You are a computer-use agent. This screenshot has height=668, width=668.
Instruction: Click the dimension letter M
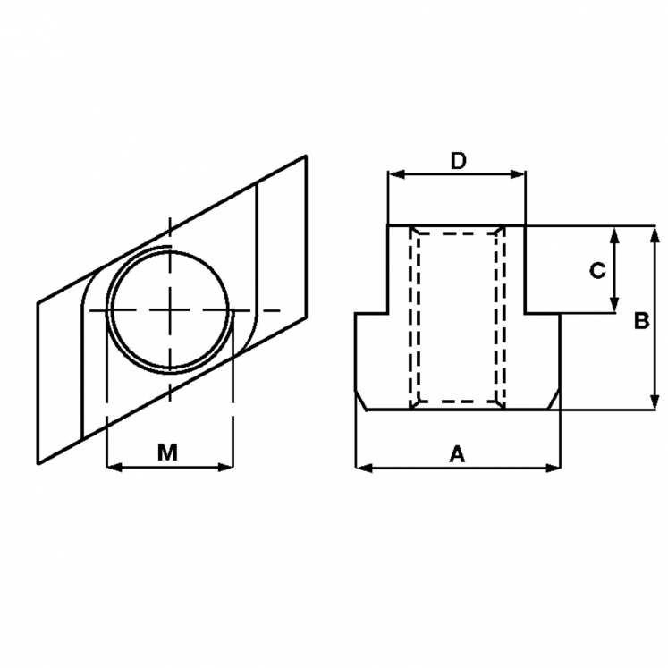click(x=167, y=452)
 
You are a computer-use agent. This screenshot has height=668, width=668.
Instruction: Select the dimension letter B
click(x=640, y=321)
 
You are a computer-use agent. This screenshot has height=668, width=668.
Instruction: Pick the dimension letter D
click(x=458, y=161)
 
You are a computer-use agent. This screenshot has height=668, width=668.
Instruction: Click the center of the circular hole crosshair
click(x=169, y=309)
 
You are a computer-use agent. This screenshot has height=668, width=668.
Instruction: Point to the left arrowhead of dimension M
click(x=111, y=466)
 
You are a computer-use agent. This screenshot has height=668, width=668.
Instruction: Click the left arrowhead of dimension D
click(x=393, y=174)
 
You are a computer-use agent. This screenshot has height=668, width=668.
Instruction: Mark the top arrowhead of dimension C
click(x=614, y=232)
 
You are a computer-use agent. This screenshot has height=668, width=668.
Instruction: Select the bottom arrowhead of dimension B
click(x=655, y=403)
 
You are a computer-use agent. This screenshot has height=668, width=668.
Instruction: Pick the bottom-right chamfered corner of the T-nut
click(x=555, y=402)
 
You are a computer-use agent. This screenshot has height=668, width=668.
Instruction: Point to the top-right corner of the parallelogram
click(x=307, y=156)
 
